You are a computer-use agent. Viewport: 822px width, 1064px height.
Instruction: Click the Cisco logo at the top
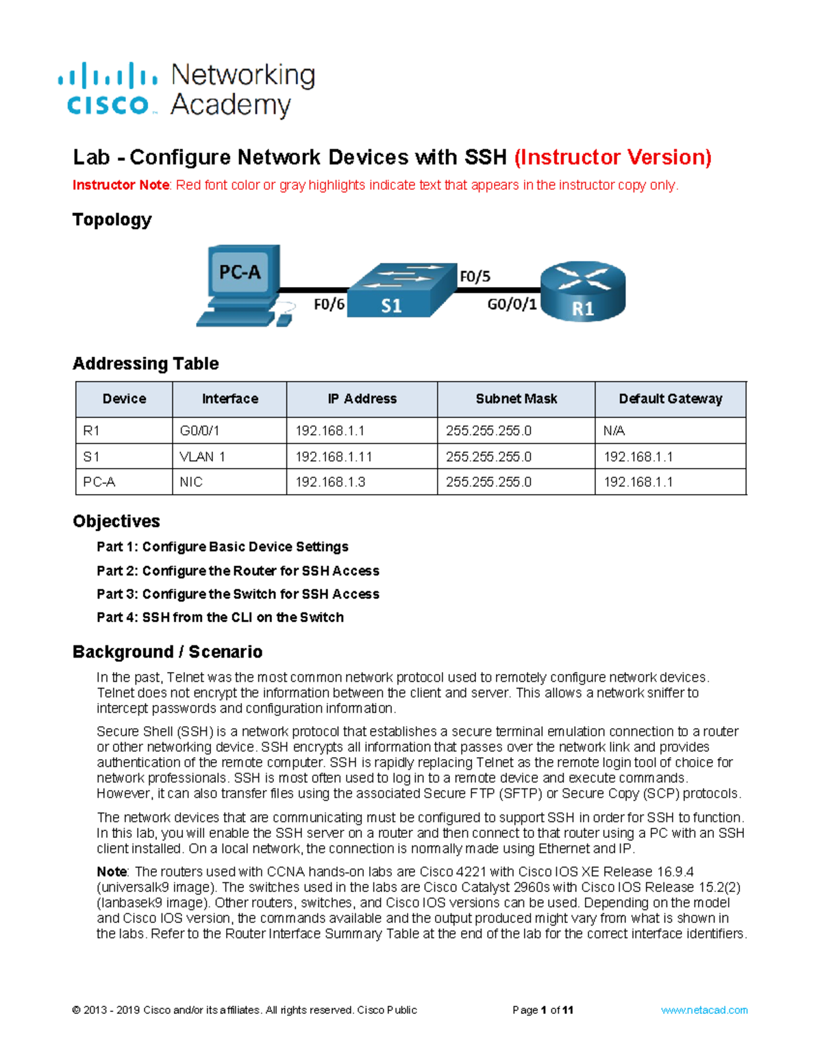coord(108,90)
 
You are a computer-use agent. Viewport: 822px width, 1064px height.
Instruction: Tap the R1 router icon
coord(583,290)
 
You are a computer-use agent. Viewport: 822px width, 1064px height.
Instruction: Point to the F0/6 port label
coord(329,304)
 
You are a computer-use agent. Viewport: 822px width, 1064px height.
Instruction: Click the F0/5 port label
coord(475,276)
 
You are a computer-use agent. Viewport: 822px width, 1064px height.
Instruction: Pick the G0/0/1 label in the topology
coord(512,304)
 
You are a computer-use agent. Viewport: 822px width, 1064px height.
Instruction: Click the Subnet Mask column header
coord(516,399)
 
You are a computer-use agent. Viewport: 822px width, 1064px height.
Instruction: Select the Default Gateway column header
coord(670,399)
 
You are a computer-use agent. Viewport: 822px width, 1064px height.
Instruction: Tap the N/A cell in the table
coord(614,431)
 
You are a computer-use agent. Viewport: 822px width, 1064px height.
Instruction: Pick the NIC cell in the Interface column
coord(191,482)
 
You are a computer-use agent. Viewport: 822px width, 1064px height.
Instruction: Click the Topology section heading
coord(112,220)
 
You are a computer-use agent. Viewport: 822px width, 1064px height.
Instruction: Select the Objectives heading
coord(116,521)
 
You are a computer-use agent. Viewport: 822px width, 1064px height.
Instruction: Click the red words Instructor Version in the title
coord(613,158)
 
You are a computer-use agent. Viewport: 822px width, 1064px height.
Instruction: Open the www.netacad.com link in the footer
coord(703,1010)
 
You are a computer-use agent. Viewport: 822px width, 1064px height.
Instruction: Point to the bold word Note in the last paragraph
coord(112,871)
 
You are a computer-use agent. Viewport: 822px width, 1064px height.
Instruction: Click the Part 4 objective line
coord(220,617)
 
